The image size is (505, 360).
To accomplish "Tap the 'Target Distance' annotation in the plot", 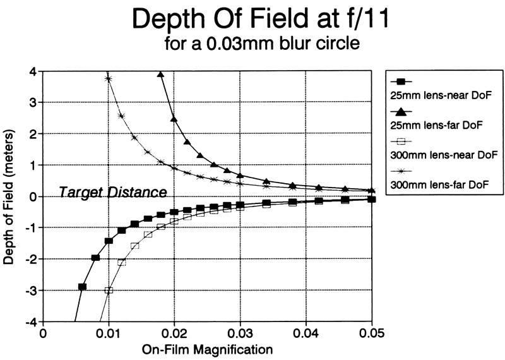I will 113,191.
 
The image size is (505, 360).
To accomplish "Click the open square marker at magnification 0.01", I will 109,291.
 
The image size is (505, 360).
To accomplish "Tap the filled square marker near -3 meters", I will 82,287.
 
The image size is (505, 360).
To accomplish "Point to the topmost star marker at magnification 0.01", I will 109,79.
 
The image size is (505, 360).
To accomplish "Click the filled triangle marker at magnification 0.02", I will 174,119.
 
